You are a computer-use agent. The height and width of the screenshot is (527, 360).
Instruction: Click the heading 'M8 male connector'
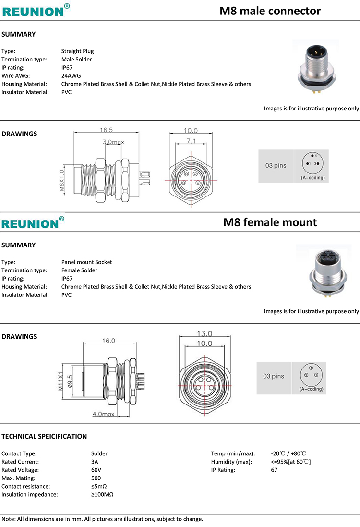pos(270,11)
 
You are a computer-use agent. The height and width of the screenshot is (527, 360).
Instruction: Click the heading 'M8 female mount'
pos(270,222)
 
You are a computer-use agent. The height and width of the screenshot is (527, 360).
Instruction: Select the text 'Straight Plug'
pos(77,51)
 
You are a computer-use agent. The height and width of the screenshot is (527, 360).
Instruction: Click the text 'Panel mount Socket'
pos(86,262)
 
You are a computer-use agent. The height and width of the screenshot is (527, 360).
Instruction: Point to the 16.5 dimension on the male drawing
pos(106,130)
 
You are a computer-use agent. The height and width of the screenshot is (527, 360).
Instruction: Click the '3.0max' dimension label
pos(113,142)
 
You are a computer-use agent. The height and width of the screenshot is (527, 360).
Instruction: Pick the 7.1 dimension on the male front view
pos(191,141)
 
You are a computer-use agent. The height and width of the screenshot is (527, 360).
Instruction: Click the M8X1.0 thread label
pos(61,180)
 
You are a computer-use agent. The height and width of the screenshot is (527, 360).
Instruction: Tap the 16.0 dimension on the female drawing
pos(108,341)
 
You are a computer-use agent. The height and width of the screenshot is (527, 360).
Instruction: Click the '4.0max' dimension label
pos(103,414)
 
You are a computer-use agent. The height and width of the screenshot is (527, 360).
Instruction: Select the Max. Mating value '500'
pos(96,478)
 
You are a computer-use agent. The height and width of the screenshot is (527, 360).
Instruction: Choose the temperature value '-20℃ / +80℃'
pos(288,453)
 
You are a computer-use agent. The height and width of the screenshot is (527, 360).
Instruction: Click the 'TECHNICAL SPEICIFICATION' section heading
pos(44,436)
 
